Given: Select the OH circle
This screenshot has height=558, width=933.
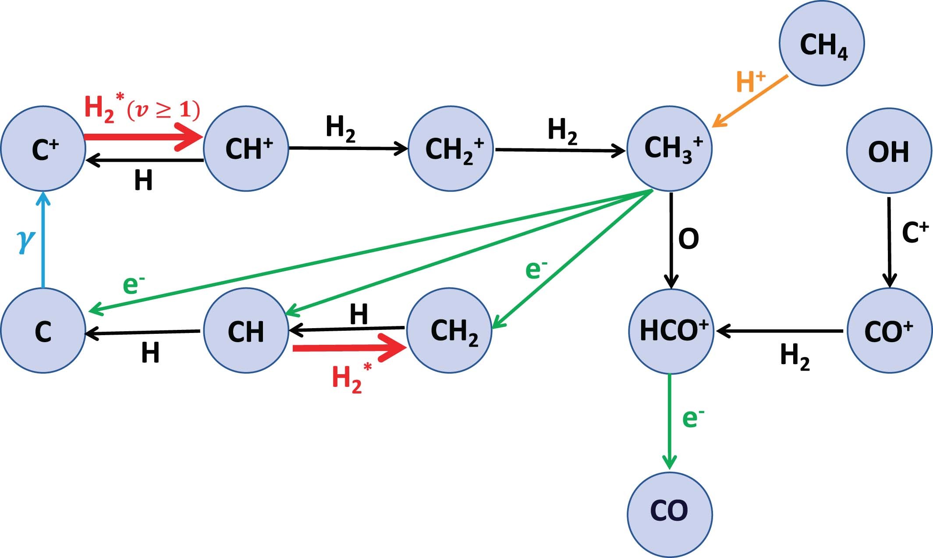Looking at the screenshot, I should click(x=889, y=151).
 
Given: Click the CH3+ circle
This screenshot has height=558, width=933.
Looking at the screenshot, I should click(x=670, y=149).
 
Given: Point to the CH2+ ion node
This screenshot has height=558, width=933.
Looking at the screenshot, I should click(x=451, y=149).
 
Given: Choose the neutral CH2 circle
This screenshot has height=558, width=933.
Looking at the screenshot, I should click(x=450, y=331).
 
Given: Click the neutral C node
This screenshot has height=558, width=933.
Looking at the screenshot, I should click(x=43, y=331).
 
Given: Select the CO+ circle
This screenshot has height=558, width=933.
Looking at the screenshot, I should click(x=889, y=331).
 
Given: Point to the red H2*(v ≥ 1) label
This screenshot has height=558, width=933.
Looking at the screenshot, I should click(x=142, y=109).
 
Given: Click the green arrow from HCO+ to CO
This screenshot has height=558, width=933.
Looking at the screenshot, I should click(x=669, y=421).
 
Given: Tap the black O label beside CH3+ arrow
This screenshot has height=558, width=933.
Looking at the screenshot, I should click(x=688, y=240).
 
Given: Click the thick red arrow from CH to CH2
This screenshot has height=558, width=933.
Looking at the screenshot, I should click(x=348, y=348).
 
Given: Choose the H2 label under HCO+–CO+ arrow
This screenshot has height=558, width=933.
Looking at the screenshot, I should click(x=794, y=357).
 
